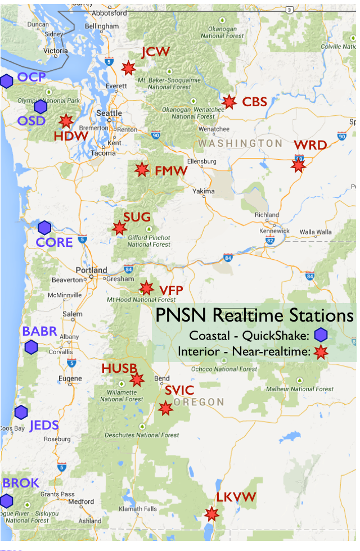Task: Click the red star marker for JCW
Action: pyautogui.click(x=128, y=68)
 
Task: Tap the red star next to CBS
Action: pyautogui.click(x=228, y=102)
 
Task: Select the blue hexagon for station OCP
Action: pyautogui.click(x=6, y=81)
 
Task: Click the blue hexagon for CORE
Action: pyautogui.click(x=44, y=228)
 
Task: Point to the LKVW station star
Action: pyautogui.click(x=211, y=513)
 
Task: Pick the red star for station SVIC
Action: pyautogui.click(x=165, y=408)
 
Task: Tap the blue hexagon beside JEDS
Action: pyautogui.click(x=21, y=412)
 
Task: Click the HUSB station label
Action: pyautogui.click(x=119, y=368)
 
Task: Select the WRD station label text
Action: pyautogui.click(x=310, y=146)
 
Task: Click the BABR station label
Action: pyautogui.click(x=40, y=331)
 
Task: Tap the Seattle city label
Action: pyautogui.click(x=109, y=113)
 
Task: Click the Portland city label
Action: pyautogui.click(x=91, y=270)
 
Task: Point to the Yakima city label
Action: pyautogui.click(x=203, y=191)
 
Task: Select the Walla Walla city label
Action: pyautogui.click(x=316, y=231)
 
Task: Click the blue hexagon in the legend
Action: pyautogui.click(x=321, y=335)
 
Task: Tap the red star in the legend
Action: pyautogui.click(x=321, y=353)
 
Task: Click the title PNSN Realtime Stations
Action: pyautogui.click(x=255, y=315)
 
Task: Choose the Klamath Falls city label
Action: pyautogui.click(x=138, y=509)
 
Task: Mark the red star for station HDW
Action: pyautogui.click(x=66, y=121)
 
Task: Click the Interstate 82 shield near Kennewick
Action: pyautogui.click(x=271, y=240)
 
